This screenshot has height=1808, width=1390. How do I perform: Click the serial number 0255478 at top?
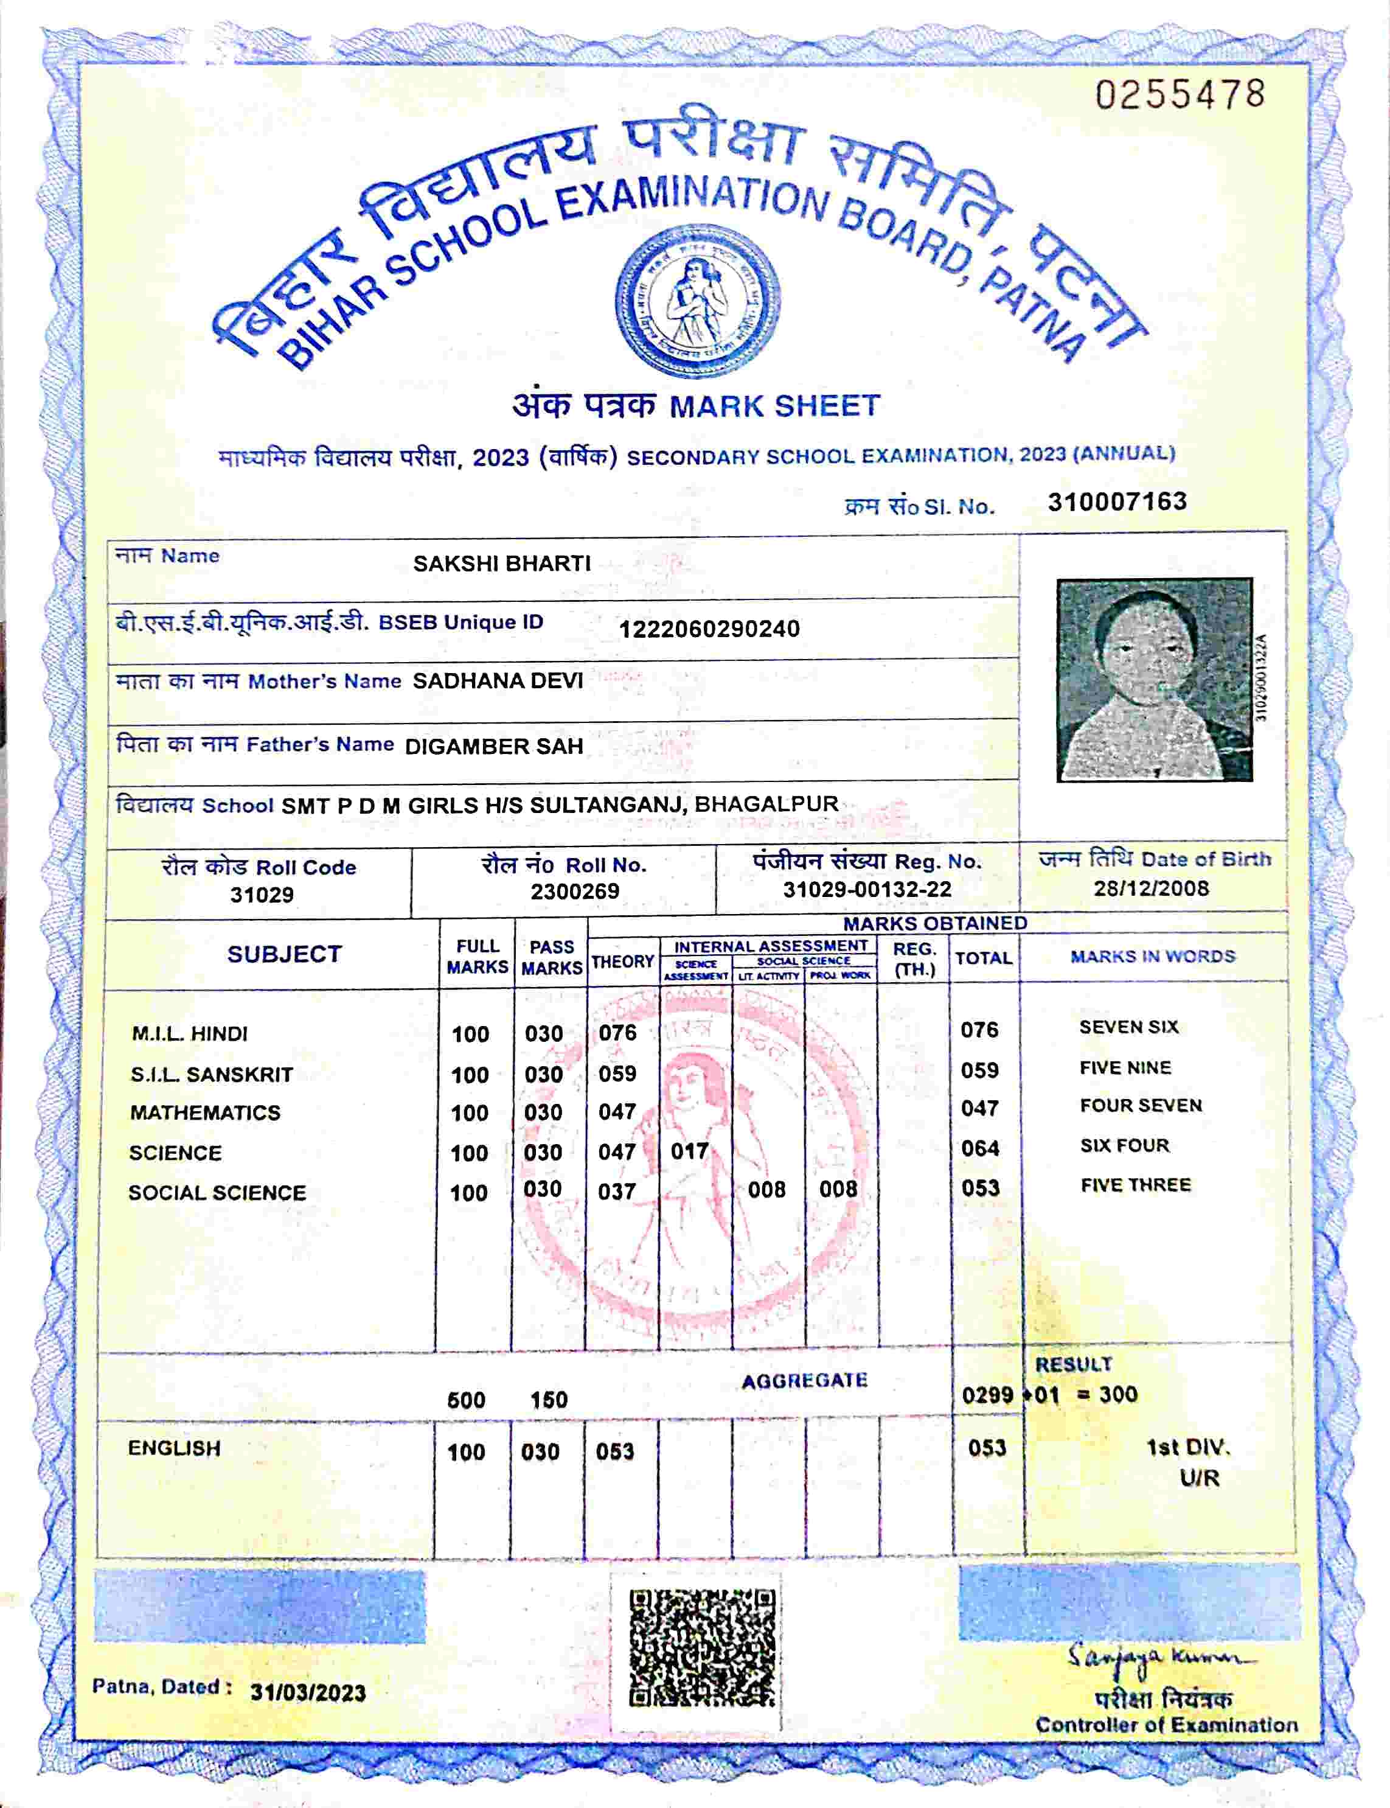point(1180,95)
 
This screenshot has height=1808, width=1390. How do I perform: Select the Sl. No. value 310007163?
point(1117,501)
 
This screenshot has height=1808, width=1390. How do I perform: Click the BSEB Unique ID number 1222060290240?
point(709,629)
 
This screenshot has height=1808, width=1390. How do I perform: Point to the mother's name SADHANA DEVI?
point(498,681)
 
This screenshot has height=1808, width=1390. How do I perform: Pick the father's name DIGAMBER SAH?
point(494,746)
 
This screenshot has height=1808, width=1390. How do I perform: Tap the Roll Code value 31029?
point(262,895)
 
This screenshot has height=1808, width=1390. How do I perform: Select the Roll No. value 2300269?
point(575,891)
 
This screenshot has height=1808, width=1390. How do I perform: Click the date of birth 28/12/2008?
point(1151,888)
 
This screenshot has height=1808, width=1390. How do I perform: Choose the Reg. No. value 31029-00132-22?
point(867,890)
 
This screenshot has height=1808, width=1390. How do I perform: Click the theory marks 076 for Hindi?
point(618,1033)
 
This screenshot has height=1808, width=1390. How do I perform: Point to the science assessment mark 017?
point(689,1151)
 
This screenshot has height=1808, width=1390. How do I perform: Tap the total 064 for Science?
point(979,1148)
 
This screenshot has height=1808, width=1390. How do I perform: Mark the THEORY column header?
point(622,962)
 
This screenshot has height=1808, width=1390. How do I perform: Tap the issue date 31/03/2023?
point(308,1693)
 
